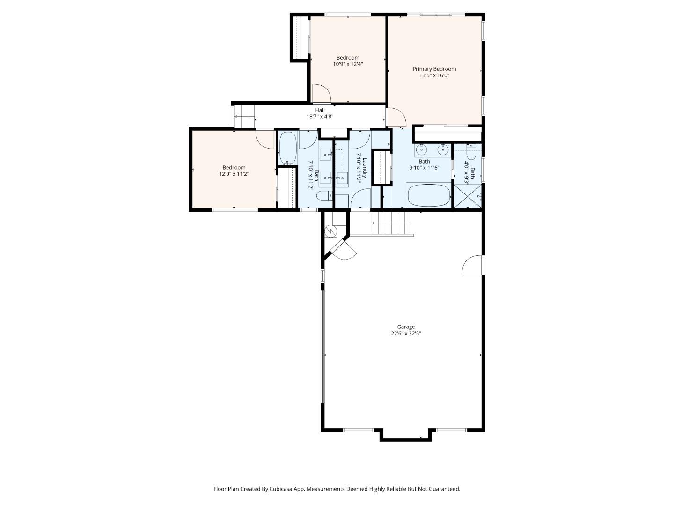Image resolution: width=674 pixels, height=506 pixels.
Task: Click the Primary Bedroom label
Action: [x=434, y=69]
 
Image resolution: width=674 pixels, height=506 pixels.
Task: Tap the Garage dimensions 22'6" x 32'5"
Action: [x=406, y=334]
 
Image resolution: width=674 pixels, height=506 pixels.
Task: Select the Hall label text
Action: [x=320, y=110]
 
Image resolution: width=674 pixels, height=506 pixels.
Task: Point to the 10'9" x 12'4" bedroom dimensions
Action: [x=348, y=64]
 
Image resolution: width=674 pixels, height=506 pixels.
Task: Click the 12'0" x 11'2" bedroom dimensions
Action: [x=234, y=174]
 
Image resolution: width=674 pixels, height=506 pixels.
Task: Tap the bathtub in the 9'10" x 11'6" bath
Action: [x=428, y=196]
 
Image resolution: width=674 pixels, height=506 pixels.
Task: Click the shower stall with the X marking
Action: [x=468, y=197]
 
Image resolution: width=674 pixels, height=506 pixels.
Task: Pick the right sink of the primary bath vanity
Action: [x=442, y=150]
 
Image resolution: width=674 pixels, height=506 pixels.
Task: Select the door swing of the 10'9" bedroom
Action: [x=321, y=93]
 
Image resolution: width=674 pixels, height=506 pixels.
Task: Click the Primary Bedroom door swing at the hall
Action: [x=395, y=117]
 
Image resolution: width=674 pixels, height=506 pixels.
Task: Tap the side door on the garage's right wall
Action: [x=472, y=265]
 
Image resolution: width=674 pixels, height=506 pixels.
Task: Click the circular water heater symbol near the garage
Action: [x=331, y=231]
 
